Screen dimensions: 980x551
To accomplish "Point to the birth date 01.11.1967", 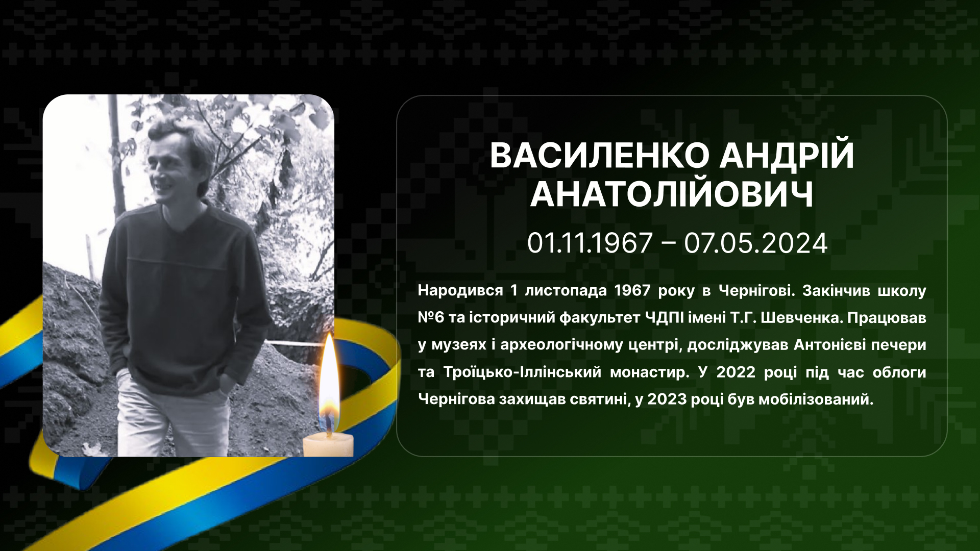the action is pos(590,243).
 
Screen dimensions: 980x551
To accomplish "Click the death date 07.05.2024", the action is pos(755,243).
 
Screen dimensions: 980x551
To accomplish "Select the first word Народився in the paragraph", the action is pos(460,291).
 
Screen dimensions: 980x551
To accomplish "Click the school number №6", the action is pos(431,318).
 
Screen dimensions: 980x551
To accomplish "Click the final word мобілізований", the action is pos(816,399).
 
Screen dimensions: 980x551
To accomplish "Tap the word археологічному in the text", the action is pos(561,345).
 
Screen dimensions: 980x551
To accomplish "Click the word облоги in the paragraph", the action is pos(899,372).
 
